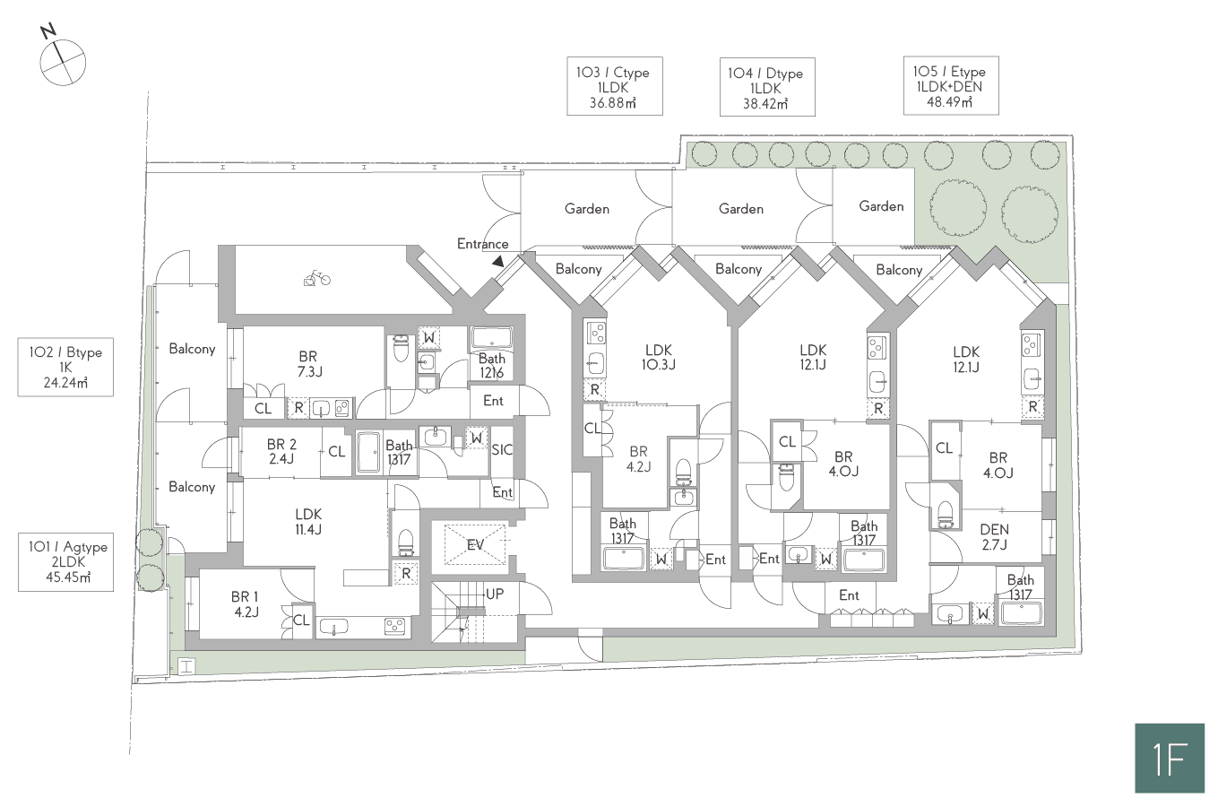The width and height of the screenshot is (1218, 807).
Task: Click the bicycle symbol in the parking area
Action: (317, 279)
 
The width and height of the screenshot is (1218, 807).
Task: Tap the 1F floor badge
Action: (1170, 758)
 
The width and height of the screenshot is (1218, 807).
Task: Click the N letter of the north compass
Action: (49, 30)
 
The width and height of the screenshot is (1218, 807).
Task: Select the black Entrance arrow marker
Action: (498, 262)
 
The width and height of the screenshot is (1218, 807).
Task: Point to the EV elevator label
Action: (475, 544)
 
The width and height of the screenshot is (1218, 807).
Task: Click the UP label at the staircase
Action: (494, 594)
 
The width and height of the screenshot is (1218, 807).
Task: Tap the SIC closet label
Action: (502, 449)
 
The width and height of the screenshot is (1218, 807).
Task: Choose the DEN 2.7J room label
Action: (995, 536)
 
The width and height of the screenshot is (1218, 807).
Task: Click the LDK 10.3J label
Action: (659, 357)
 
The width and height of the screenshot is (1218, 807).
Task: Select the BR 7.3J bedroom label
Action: (308, 364)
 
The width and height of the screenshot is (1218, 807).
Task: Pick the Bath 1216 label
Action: (491, 366)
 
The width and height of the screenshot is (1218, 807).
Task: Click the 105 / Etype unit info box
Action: (951, 85)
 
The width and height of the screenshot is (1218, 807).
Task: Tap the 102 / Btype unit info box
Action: (65, 367)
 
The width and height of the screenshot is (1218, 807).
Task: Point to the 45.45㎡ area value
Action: (68, 577)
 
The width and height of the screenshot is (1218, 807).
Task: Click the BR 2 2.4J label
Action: (281, 452)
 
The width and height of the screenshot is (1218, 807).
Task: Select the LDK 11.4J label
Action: (308, 521)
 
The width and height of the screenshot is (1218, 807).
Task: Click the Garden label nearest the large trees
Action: (881, 206)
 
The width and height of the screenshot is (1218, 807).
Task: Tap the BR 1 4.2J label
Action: (246, 604)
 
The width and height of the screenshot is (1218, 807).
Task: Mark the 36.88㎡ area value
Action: (613, 103)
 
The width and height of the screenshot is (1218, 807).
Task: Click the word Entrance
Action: (483, 244)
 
